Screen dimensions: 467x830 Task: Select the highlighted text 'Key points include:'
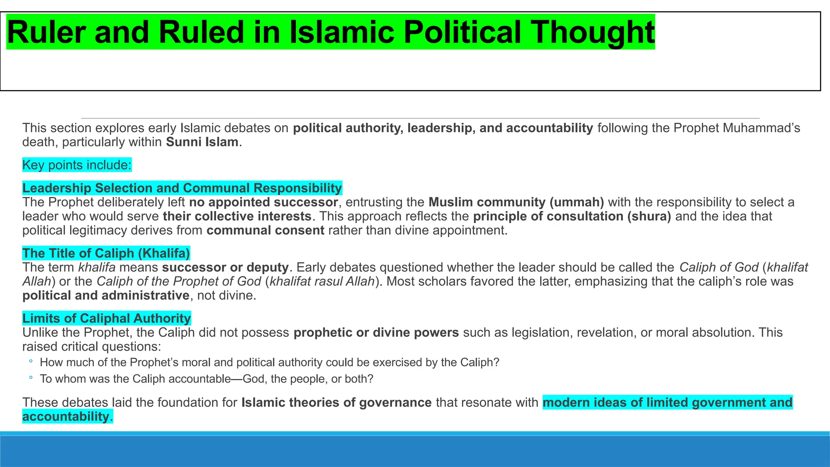click(x=77, y=165)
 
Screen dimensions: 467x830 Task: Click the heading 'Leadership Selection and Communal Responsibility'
click(x=182, y=188)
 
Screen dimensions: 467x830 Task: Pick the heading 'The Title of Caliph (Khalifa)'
click(x=106, y=253)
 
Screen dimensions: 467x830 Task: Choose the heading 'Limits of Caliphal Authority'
click(x=107, y=318)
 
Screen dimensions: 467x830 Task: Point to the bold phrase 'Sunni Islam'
click(x=202, y=142)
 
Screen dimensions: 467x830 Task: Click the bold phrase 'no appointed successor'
click(x=263, y=202)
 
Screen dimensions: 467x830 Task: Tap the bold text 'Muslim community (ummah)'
click(x=516, y=202)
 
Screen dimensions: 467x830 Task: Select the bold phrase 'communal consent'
click(x=265, y=231)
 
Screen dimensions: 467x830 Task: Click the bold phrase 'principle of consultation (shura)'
click(x=572, y=216)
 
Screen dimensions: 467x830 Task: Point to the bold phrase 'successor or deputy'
click(x=225, y=268)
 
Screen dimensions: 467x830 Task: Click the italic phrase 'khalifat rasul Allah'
click(x=322, y=281)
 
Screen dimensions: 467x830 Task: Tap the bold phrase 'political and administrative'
click(x=106, y=296)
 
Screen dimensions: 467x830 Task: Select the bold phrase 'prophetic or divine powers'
click(x=376, y=333)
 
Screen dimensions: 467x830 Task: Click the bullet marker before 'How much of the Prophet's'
click(x=31, y=362)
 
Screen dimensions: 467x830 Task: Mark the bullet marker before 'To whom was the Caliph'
click(x=31, y=378)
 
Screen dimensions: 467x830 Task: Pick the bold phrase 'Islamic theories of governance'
click(x=336, y=403)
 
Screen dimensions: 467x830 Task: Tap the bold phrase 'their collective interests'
click(x=237, y=216)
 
